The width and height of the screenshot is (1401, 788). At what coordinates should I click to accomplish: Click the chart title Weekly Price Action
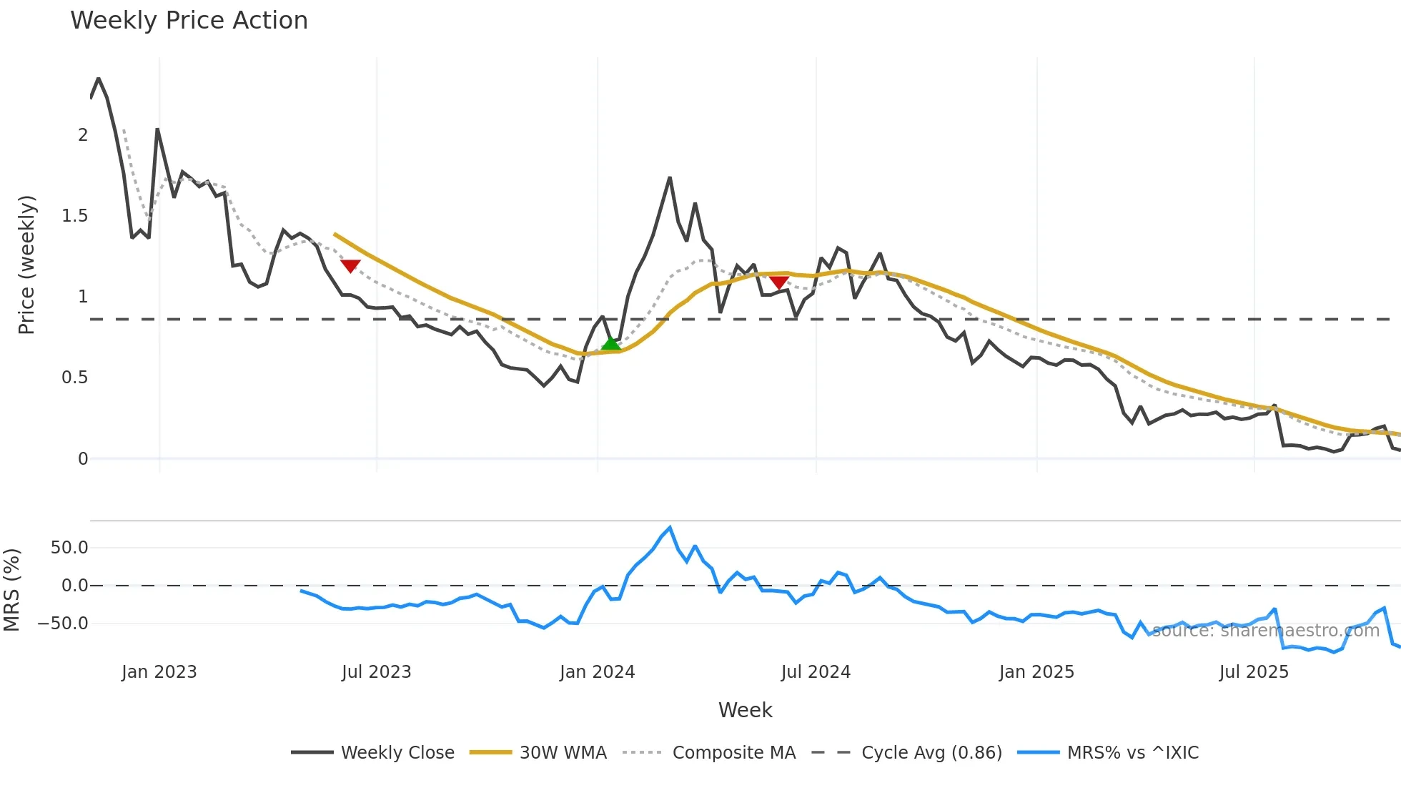189,21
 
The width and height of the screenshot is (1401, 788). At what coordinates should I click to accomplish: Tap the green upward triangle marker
610,344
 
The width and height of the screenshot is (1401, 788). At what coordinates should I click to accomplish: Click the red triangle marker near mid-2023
350,266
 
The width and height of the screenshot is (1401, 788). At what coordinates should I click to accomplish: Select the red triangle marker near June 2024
778,282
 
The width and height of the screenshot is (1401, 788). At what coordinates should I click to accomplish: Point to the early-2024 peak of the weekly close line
670,177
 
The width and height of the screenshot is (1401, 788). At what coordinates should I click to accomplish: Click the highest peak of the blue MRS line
670,528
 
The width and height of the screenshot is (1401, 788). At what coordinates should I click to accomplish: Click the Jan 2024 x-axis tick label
597,672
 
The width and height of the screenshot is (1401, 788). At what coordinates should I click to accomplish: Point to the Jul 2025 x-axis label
1254,672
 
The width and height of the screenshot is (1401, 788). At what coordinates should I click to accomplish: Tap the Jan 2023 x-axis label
159,672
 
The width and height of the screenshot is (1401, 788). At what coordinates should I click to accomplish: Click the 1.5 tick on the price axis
75,216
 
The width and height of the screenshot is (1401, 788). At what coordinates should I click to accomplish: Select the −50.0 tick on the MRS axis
63,624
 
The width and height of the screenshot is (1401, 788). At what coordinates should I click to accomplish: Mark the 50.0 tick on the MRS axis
69,548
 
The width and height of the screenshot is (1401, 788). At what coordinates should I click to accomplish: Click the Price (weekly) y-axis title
26,265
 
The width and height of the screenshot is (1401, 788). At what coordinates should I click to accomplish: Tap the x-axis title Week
745,710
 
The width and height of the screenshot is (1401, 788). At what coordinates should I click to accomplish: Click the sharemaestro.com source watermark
1265,631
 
